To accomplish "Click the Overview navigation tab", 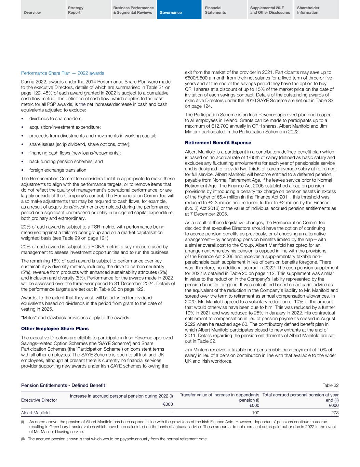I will pyautogui.click(x=32, y=13).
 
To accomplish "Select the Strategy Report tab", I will pyautogui.click(x=76, y=10).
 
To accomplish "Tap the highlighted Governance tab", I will pyautogui.click(x=171, y=13).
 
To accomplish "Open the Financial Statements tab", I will pyautogui.click(x=215, y=10).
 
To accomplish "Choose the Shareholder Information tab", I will pyautogui.click(x=308, y=10).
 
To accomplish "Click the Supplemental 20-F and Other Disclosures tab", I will pyautogui.click(x=270, y=10).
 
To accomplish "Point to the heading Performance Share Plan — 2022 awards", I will pyautogui.click(x=63, y=73).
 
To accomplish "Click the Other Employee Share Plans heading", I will pyautogui.click(x=55, y=328).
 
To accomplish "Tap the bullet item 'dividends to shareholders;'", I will pyautogui.click(x=56, y=119).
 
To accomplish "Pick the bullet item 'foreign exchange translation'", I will pyautogui.click(x=57, y=170).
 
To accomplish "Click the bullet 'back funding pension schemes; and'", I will pyautogui.click(x=66, y=161).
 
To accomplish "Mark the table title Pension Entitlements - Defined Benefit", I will pyautogui.click(x=63, y=386).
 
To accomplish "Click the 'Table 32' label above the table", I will pyautogui.click(x=331, y=386).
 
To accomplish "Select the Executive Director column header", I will pyautogui.click(x=39, y=400).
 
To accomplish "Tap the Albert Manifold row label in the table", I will pyautogui.click(x=35, y=413).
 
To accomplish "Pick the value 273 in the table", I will pyautogui.click(x=335, y=413).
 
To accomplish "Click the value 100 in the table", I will pyautogui.click(x=255, y=413).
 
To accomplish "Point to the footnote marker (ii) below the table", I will pyautogui.click(x=23, y=439).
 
